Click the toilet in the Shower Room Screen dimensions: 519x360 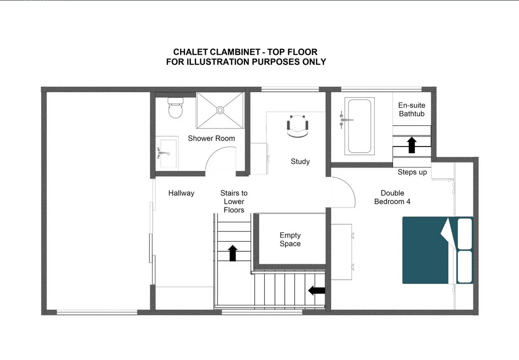pos(176,108)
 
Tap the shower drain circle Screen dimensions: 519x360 pos(220,110)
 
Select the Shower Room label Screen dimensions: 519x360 pos(211,138)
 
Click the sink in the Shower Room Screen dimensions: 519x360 pos(167,153)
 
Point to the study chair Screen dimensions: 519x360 pos(298,126)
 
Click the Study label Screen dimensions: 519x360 pos(300,162)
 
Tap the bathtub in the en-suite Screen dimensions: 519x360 pos(360,126)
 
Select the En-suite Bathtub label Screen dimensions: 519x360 pos(412,109)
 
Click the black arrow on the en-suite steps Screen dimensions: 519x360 pos(412,145)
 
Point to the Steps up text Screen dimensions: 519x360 pos(412,172)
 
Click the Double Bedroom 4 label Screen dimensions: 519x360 pos(392,197)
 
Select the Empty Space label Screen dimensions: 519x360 pos(290,240)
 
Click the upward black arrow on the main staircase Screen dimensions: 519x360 pos(233,253)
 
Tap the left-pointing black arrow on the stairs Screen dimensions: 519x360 pos(317,291)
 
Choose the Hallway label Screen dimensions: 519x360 pos(181,193)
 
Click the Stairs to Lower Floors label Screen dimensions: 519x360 pos(234,201)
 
